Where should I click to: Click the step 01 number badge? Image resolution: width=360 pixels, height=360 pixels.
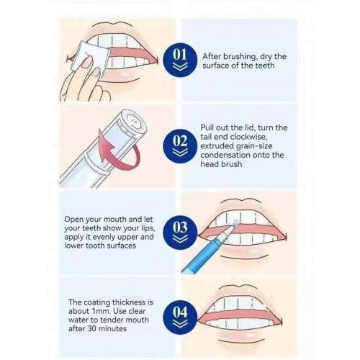179,59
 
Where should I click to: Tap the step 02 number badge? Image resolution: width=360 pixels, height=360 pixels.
179,141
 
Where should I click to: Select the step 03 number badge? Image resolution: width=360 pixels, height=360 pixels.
180,229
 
